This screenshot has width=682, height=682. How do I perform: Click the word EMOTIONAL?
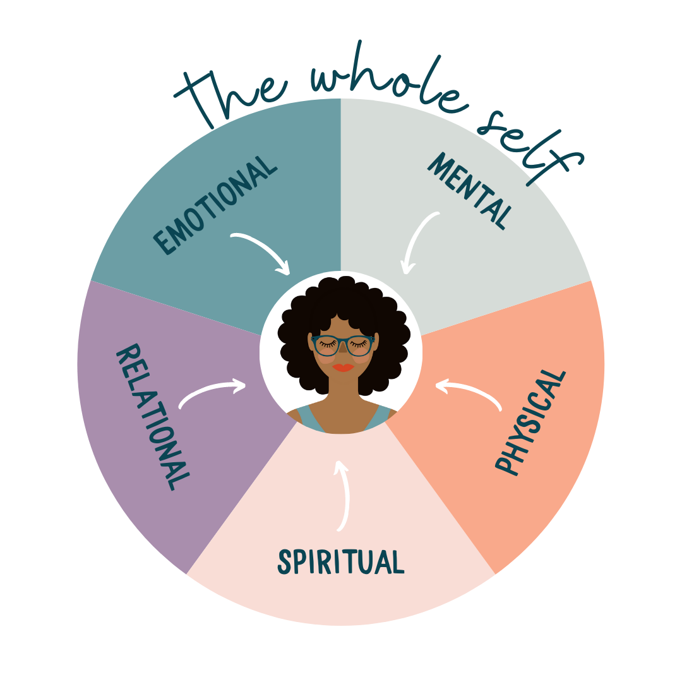tap(215, 205)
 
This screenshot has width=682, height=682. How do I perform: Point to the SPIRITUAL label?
tap(341, 561)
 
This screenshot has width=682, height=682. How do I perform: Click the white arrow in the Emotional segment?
tap(262, 253)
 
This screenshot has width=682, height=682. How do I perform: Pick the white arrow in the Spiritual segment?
tap(343, 496)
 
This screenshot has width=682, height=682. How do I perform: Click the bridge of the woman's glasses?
tap(343, 342)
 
